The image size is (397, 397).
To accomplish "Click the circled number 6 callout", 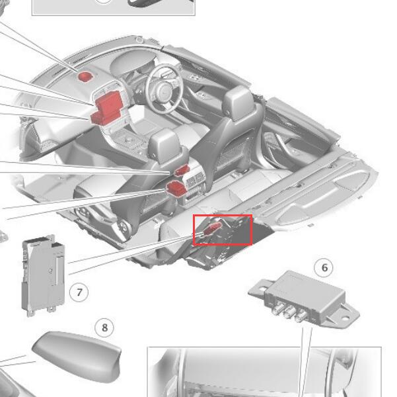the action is pos(324,267).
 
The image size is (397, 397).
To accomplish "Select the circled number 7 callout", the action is pos(79,292).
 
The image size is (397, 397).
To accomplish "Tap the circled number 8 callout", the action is pos(104,328).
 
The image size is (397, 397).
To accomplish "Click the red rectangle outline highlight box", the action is pos(223,230).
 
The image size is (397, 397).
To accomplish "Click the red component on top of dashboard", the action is pos(85,76).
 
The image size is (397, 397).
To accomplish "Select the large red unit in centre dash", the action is pos(110,103).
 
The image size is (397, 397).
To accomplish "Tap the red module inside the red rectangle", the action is pos(212,228).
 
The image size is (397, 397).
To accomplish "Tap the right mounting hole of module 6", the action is pos(345,317).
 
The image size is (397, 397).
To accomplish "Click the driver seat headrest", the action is pos(238,103).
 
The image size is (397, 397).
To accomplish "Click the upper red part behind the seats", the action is pos(182,170).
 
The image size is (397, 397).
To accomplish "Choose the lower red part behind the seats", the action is pos(176,189).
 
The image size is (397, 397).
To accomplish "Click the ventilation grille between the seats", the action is pos(196,181).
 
